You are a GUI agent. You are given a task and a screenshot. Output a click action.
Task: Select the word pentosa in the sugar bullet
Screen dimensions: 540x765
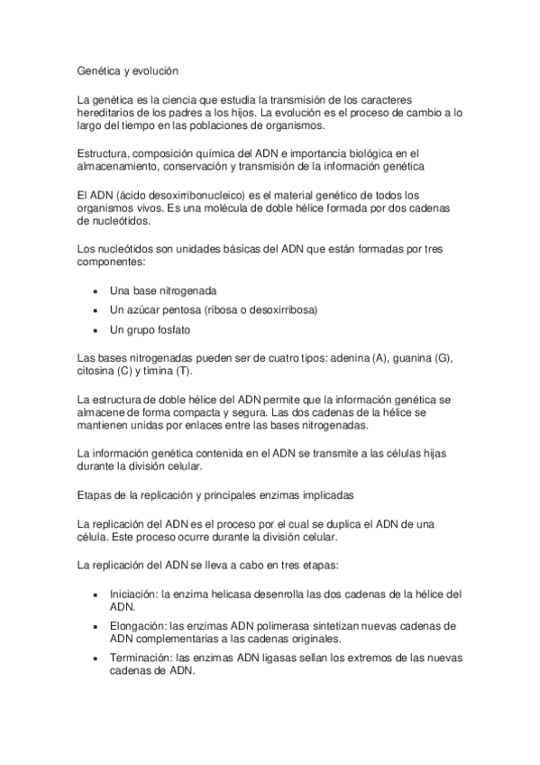178,309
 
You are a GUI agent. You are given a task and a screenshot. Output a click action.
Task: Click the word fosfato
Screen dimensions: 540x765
171,329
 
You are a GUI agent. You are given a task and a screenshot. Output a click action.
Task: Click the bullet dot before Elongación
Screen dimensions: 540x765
96,625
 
